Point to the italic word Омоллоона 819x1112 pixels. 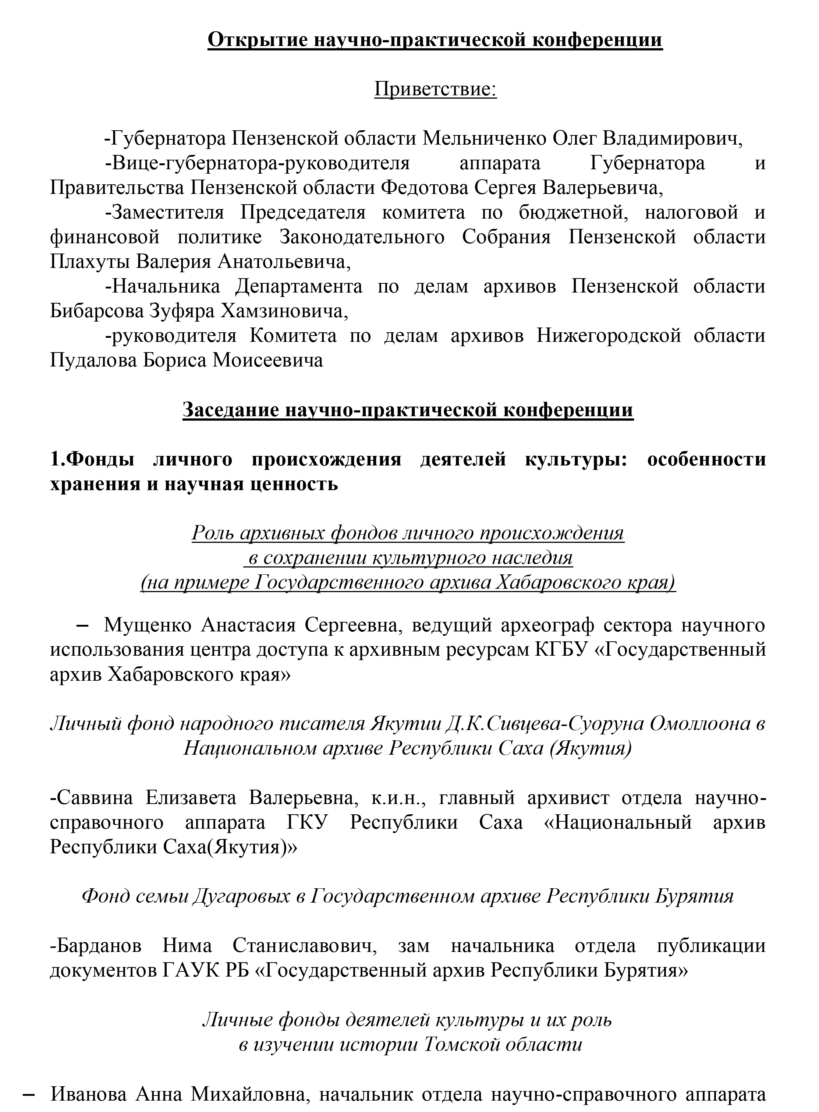[699, 724]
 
